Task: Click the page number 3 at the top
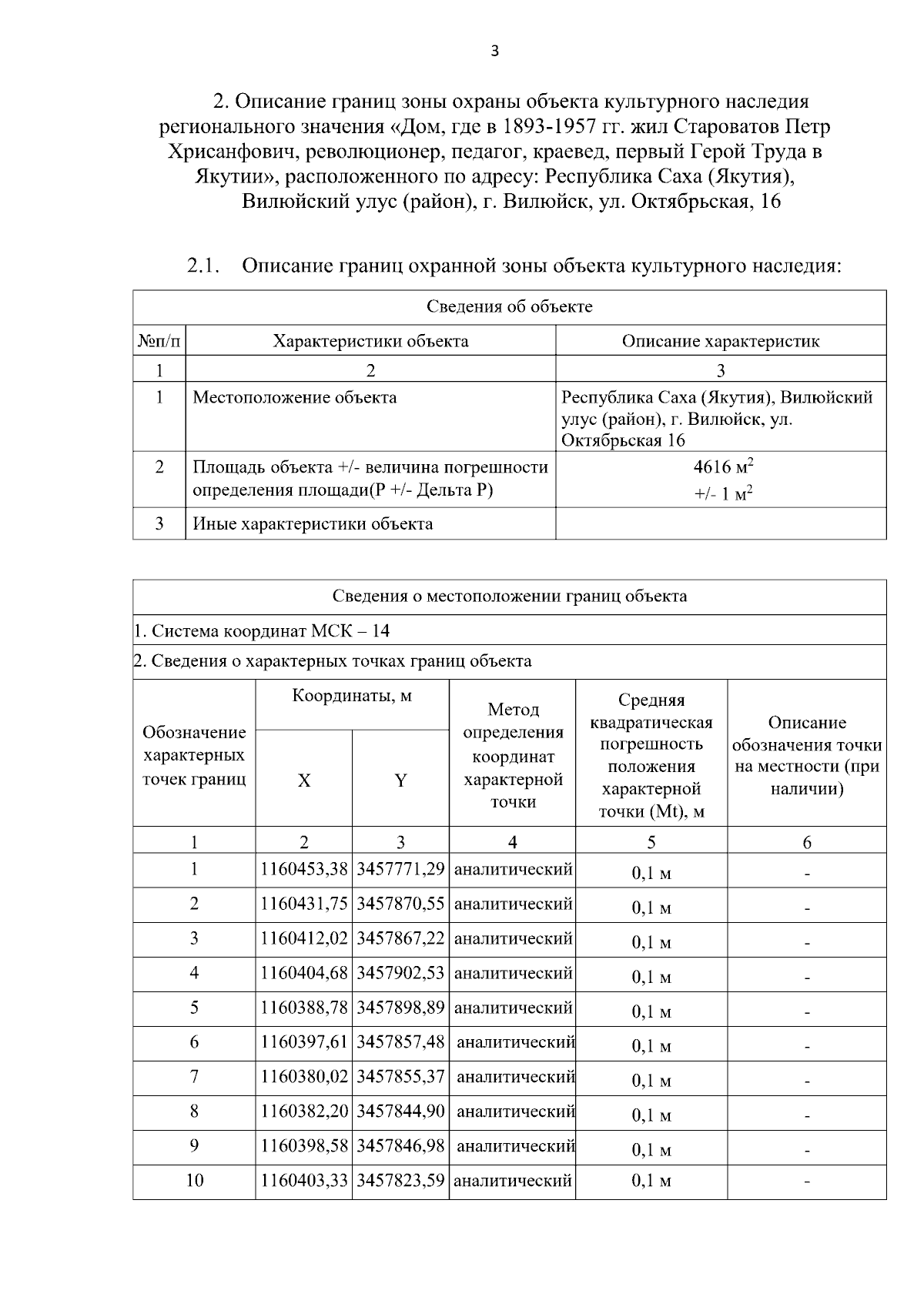point(494,52)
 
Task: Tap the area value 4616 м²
point(722,466)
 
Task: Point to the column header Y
point(400,780)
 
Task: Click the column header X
point(304,780)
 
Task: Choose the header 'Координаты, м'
point(352,696)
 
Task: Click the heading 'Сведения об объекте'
point(509,306)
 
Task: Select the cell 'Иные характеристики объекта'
point(313,523)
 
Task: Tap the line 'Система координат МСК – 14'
point(262,631)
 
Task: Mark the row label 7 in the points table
point(194,1076)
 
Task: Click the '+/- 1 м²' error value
point(722,493)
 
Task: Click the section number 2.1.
point(203,266)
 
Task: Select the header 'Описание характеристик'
point(720,341)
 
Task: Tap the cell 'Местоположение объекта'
point(295,397)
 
